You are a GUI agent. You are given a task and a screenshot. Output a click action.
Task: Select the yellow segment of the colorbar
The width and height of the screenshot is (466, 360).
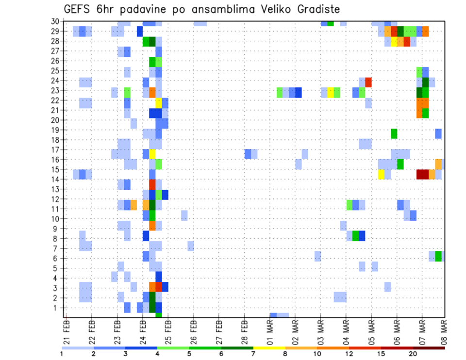pos(269,348)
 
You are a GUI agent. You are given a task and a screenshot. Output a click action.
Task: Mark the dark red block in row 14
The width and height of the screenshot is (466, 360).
pos(422,174)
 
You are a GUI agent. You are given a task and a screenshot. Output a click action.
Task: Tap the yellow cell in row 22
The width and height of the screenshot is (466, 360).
pos(158,103)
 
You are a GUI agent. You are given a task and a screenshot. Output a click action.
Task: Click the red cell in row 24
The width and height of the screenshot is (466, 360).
pos(368,82)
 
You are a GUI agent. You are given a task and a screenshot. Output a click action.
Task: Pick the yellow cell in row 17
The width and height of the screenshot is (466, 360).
pos(152,154)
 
